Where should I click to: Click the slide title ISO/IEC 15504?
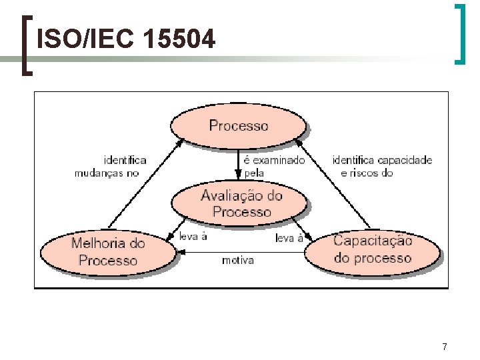pos(126,41)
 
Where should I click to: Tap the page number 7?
pos(445,347)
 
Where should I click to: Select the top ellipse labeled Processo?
pos(239,125)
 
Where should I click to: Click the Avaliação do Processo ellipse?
pos(241,203)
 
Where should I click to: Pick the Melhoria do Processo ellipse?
pos(107,251)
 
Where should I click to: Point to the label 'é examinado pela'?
pos(274,167)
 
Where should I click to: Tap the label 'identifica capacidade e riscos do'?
pos(382,167)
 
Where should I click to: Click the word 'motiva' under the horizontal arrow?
pos(237,260)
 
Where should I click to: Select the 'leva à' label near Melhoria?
pos(193,236)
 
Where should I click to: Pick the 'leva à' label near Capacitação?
pos(289,238)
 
